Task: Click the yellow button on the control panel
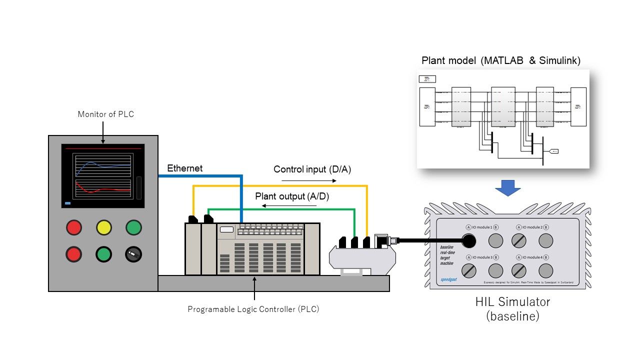(104, 228)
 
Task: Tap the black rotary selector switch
(133, 254)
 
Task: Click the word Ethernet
(185, 168)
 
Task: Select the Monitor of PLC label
(106, 114)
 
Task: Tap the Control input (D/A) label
(312, 169)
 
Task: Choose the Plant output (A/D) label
(292, 196)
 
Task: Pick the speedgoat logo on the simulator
(448, 279)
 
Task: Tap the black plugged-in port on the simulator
(469, 241)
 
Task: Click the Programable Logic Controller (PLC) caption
(253, 309)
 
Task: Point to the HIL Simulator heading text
(512, 302)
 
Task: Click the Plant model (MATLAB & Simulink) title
(501, 61)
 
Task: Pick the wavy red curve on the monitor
(103, 189)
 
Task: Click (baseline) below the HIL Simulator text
(512, 316)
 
